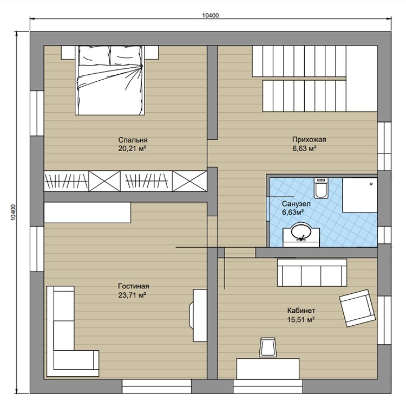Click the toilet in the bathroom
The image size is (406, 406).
(x=321, y=188)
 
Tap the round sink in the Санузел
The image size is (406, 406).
(x=301, y=230)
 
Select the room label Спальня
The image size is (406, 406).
(x=133, y=140)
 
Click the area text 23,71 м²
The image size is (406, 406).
(x=132, y=295)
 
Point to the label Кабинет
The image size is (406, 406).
(x=301, y=311)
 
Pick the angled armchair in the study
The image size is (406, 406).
(x=357, y=308)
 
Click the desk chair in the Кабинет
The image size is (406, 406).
(x=269, y=347)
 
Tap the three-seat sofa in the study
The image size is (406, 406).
(x=312, y=273)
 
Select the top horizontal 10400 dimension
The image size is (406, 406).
(x=211, y=16)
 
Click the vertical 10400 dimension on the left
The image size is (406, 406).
(x=14, y=212)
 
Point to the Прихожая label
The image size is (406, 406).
(x=309, y=139)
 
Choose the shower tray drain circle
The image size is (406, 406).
(x=371, y=184)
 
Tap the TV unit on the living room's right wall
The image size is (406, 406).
(x=199, y=315)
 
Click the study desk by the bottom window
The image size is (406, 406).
(x=268, y=369)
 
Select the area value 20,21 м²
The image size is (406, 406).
(x=132, y=149)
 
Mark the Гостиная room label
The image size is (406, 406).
(x=134, y=286)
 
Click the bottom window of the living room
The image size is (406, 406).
(x=156, y=386)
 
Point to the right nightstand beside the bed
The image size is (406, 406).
(x=152, y=53)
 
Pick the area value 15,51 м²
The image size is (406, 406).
(x=301, y=319)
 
